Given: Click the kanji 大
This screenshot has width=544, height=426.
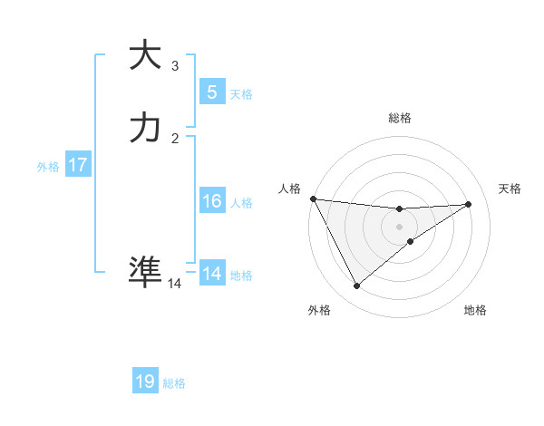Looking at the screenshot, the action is point(145,55).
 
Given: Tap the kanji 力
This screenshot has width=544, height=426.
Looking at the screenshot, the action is point(145,128).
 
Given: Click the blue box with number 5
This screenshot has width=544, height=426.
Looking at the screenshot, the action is point(211,92).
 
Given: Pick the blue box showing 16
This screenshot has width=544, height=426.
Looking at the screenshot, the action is point(211,201).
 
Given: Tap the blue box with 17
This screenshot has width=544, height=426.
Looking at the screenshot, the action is point(77,166).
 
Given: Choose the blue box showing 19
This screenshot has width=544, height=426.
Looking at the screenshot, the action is point(145,382).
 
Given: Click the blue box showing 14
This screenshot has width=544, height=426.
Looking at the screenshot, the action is point(211,274).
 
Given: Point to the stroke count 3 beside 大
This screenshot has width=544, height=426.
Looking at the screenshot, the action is point(175,65).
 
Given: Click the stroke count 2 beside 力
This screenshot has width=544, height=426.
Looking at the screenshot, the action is point(175,138).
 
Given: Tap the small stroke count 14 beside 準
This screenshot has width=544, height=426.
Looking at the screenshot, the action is point(175,284).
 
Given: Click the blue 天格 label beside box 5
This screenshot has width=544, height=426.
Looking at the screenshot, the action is point(241,94).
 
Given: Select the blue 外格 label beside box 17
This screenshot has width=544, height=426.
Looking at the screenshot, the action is point(47,167).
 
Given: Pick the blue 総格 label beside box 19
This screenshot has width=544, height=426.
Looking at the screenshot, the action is point(174,383).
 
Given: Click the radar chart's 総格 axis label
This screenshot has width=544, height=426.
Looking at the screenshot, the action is point(399,118).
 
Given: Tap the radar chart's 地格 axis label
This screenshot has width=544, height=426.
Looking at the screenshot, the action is point(475,310).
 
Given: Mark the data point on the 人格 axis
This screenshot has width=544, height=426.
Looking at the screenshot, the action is point(313,198).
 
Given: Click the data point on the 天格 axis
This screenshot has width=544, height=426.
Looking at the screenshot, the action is point(469,204).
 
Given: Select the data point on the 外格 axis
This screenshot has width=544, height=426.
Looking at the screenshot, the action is point(356,286).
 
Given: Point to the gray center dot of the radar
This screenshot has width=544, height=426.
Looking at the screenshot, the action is point(399,227).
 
